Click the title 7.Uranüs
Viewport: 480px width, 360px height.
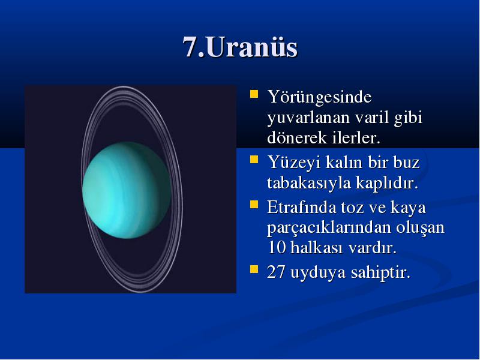(x=240, y=47)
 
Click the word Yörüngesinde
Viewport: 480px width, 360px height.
(x=319, y=98)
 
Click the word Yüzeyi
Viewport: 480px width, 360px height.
(x=293, y=163)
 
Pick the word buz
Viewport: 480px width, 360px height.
(x=406, y=162)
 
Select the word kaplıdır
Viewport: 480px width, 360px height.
(x=386, y=184)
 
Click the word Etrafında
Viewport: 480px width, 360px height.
(x=301, y=207)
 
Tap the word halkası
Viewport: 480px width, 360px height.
(x=317, y=247)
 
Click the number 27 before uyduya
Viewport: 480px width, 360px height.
(x=277, y=272)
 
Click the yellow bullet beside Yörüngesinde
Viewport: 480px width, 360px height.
(x=254, y=94)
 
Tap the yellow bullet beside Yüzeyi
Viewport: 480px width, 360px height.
(x=254, y=160)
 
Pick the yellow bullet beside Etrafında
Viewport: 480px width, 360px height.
(x=254, y=204)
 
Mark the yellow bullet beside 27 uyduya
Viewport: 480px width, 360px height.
(x=254, y=269)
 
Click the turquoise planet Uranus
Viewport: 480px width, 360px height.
(x=127, y=190)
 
